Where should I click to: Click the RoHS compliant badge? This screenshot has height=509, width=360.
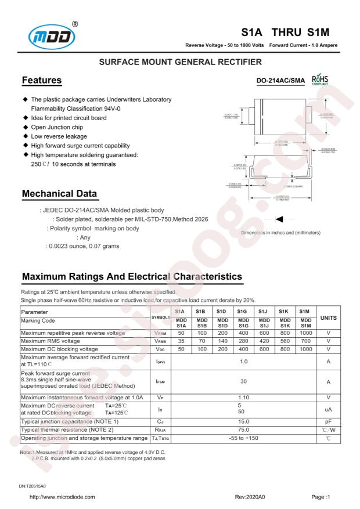(x=318, y=80)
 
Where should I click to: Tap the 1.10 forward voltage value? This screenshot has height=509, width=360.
(x=243, y=397)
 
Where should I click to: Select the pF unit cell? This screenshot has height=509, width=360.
(x=329, y=421)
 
